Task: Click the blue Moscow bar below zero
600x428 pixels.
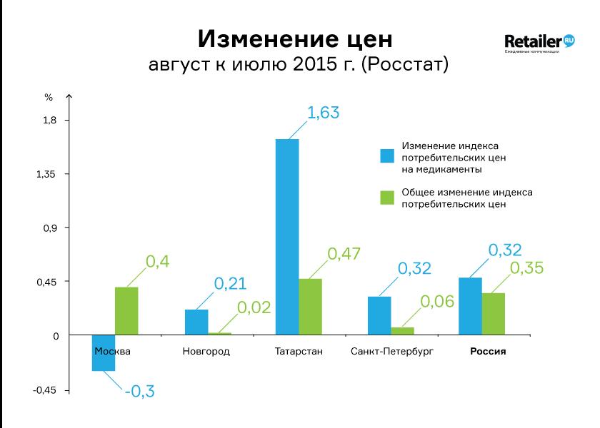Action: [104, 352]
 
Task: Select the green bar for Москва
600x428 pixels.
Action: [126, 311]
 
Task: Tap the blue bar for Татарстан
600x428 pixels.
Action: [287, 237]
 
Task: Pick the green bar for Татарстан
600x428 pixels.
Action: [310, 307]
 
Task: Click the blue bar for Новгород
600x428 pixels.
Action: [196, 322]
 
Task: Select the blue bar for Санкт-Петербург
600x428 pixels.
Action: [379, 315]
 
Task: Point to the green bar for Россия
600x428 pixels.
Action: [494, 314]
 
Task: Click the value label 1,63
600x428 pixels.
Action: [324, 113]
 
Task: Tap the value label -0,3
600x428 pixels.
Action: [140, 392]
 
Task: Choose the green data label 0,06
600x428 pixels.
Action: [437, 302]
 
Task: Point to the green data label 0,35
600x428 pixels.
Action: [527, 268]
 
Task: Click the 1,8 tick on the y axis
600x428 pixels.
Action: [49, 120]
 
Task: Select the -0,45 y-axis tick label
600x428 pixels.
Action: [44, 391]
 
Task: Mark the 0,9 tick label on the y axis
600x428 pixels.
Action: [49, 228]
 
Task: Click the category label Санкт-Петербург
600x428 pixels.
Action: [392, 352]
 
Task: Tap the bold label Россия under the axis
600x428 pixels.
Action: [488, 352]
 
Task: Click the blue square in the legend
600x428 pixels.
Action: [387, 156]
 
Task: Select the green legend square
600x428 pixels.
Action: [387, 198]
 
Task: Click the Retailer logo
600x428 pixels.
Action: [539, 43]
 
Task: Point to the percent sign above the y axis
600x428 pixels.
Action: [49, 98]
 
